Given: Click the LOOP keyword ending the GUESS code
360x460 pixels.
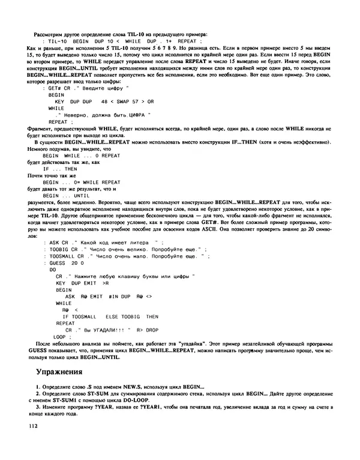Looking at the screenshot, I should point(58,337).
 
